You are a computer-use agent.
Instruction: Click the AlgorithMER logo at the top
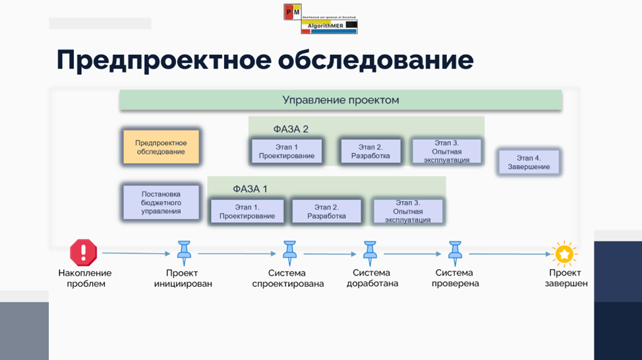(320, 18)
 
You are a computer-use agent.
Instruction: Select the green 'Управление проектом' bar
(340, 100)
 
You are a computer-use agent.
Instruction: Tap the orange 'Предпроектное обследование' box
(161, 147)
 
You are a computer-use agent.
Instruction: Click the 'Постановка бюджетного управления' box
(161, 202)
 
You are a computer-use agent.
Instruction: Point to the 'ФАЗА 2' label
(291, 129)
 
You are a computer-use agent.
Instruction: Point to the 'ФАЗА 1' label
(250, 189)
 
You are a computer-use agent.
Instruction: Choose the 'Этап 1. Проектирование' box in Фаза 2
(287, 152)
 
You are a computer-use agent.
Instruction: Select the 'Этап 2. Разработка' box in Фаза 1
(326, 211)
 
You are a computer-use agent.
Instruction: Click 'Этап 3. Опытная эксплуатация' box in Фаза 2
(447, 152)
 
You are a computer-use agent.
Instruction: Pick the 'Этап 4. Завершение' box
(529, 162)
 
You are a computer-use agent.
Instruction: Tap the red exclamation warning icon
(84, 253)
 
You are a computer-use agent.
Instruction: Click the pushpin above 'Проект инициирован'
(183, 252)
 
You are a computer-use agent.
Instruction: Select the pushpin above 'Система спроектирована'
(289, 252)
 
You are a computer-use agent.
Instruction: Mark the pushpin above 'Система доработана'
(370, 252)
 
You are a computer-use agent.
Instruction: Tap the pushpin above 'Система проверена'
(455, 252)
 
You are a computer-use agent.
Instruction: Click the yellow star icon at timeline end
(564, 254)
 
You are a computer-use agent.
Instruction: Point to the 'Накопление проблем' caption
(85, 278)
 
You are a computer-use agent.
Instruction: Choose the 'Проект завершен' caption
(564, 278)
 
